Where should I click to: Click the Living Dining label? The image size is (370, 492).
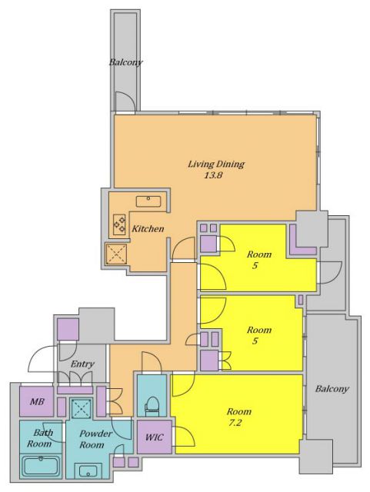coord(216,164)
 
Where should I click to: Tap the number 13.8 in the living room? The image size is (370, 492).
coord(214,175)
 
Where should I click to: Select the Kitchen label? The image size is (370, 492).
coord(148,229)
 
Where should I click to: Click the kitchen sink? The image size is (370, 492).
coord(148,201)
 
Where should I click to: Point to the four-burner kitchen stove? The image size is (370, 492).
coord(119,224)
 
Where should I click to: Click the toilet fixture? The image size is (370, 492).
coord(152,407)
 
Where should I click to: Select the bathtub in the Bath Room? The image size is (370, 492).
coord(41,466)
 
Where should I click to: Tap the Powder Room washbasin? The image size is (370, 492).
coord(88,470)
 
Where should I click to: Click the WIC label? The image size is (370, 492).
coord(154,437)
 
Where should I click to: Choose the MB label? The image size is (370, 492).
coord(37,401)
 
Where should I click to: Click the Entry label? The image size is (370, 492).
coord(82,364)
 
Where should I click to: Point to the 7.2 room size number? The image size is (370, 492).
coord(235,423)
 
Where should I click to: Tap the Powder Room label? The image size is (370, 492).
coord(94,439)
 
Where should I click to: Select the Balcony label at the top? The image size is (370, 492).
coord(125,62)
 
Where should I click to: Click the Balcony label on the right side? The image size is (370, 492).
coord(332,389)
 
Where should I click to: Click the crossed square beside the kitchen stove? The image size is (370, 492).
coord(116,254)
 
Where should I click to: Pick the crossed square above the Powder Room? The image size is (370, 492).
coord(81,408)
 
